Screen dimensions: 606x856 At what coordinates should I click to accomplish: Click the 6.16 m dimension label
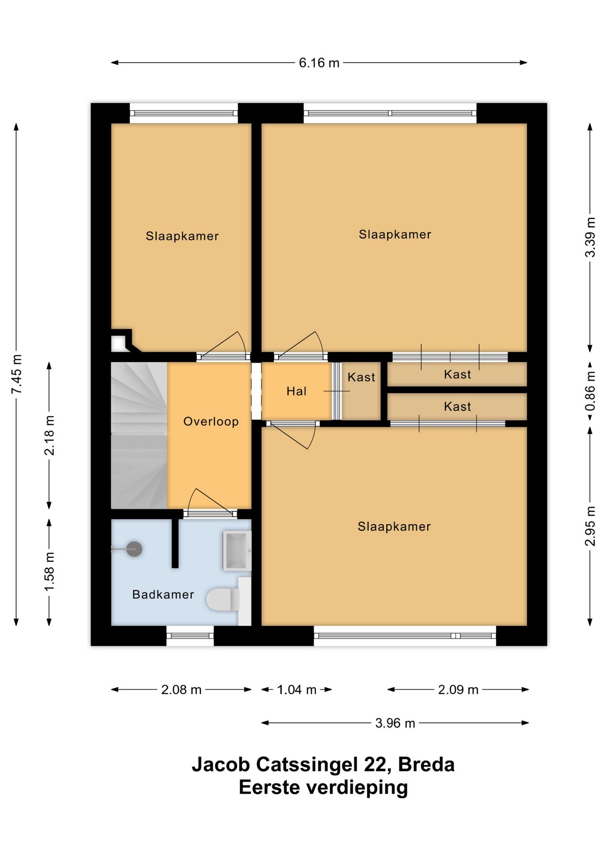pos(319,63)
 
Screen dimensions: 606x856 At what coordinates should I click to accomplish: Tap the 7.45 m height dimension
pos(17,374)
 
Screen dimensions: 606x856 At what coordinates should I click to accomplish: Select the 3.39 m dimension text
pos(590,237)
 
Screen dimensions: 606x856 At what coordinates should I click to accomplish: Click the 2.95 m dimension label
pos(590,526)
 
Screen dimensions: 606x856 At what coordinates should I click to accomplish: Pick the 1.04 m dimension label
pos(297,690)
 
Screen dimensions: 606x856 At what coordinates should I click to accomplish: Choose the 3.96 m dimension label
pos(395,723)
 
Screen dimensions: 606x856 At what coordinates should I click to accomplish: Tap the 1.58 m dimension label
pos(50,572)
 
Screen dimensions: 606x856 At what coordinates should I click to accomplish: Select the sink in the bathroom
pos(237,551)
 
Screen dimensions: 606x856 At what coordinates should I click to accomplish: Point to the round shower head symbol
pos(134,549)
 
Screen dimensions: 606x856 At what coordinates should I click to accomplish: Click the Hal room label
pos(296,391)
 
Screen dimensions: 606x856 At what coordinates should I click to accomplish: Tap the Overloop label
pos(211,422)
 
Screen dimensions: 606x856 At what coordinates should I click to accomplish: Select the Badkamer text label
pos(163,594)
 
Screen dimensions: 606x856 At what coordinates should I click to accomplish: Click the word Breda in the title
pos(426,764)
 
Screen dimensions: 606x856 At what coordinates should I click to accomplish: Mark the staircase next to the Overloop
pos(139,435)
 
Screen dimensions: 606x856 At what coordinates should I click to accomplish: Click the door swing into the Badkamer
pos(210,502)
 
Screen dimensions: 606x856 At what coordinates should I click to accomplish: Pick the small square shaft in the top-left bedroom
pos(119,343)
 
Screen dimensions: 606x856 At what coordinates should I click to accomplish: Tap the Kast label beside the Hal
pos(361,377)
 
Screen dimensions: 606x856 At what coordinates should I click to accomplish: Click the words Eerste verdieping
pos(324,787)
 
